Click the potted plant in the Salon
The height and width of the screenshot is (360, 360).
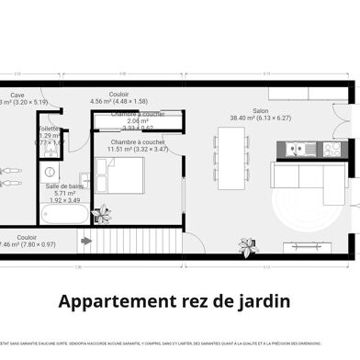248,245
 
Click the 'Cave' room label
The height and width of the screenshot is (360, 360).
17,94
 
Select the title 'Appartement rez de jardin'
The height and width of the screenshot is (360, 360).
174,300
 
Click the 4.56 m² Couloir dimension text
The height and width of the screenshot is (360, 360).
118,101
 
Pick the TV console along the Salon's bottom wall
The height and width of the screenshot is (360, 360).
307,245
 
